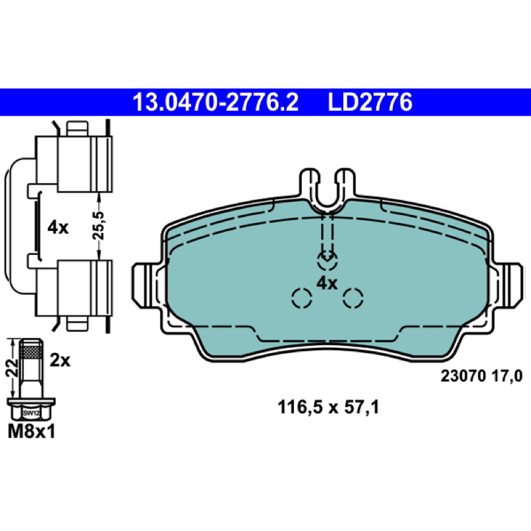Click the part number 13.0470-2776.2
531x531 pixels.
coord(216,102)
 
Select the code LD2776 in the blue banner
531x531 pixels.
coord(370,102)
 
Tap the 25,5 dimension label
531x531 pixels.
coord(99,226)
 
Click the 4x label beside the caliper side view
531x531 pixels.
coord(58,228)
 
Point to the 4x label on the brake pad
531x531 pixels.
coord(327,283)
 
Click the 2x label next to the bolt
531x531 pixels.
coord(60,360)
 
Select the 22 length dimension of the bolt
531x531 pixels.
coord(12,368)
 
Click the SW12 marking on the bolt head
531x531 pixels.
coord(31,413)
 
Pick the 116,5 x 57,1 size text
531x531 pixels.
coord(328,407)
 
